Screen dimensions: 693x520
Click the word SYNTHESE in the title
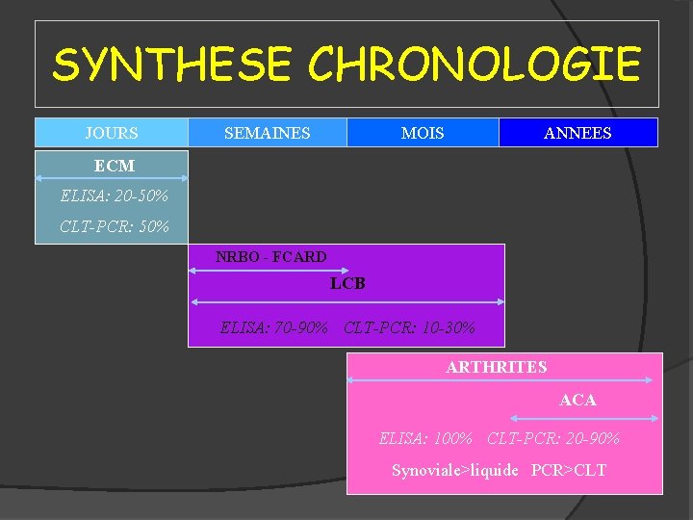pyautogui.click(x=174, y=65)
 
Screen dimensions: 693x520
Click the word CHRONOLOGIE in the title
pyautogui.click(x=474, y=65)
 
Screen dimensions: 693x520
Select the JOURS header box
pyautogui.click(x=112, y=133)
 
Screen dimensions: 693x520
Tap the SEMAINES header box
pyautogui.click(x=267, y=133)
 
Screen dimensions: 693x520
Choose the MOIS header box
pyautogui.click(x=423, y=133)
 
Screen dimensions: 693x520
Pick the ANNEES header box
pyautogui.click(x=577, y=133)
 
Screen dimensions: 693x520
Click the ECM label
pyautogui.click(x=115, y=166)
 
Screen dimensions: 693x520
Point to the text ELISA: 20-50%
pyautogui.click(x=114, y=196)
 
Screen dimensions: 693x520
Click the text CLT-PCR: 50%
pyautogui.click(x=114, y=227)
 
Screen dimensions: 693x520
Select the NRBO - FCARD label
pyautogui.click(x=270, y=257)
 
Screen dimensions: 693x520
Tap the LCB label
pyautogui.click(x=347, y=284)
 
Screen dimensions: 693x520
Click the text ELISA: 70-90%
pyautogui.click(x=274, y=327)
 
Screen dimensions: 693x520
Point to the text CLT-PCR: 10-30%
pyautogui.click(x=409, y=327)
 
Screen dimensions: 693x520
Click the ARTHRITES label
pyautogui.click(x=496, y=367)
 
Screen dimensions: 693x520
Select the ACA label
pyautogui.click(x=577, y=400)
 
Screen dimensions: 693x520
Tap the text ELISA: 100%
pyautogui.click(x=425, y=438)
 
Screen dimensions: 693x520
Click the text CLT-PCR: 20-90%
pyautogui.click(x=553, y=438)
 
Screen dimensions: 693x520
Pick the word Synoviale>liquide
pyautogui.click(x=454, y=470)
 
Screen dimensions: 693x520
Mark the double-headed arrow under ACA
pyautogui.click(x=583, y=418)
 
